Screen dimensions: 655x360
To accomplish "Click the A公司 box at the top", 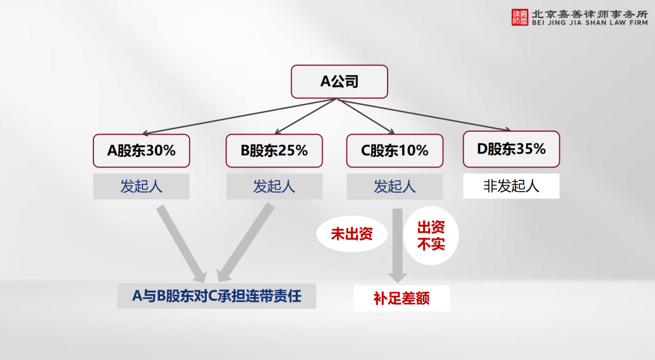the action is click(339, 81).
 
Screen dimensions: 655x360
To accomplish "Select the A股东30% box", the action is click(141, 150).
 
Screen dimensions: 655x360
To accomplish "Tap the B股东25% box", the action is click(274, 150).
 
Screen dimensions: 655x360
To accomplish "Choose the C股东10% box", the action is click(395, 150).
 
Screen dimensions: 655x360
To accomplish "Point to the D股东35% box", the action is click(511, 149).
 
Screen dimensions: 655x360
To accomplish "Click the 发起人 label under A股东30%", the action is click(141, 186).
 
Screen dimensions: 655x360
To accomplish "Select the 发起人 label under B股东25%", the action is click(274, 186).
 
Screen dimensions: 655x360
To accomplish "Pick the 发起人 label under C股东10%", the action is click(395, 186).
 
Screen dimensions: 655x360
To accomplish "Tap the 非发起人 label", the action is click(511, 186).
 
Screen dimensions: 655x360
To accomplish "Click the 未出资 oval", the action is click(352, 234).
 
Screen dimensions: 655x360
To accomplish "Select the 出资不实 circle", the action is click(431, 236).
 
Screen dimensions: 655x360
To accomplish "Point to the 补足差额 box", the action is click(401, 298).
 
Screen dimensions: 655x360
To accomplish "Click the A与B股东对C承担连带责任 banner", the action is click(217, 296).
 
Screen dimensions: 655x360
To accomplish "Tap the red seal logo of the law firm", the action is click(520, 18).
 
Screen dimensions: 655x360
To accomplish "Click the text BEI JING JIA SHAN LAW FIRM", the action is click(590, 23).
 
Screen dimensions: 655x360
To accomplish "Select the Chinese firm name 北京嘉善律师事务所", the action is click(590, 14).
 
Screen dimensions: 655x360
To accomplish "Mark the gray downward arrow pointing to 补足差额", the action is click(397, 245).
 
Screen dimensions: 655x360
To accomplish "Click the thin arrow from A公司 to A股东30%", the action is click(240, 116).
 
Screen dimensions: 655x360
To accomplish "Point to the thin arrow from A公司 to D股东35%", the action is click(424, 115).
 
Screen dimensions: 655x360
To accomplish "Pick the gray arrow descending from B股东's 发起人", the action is click(244, 243).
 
